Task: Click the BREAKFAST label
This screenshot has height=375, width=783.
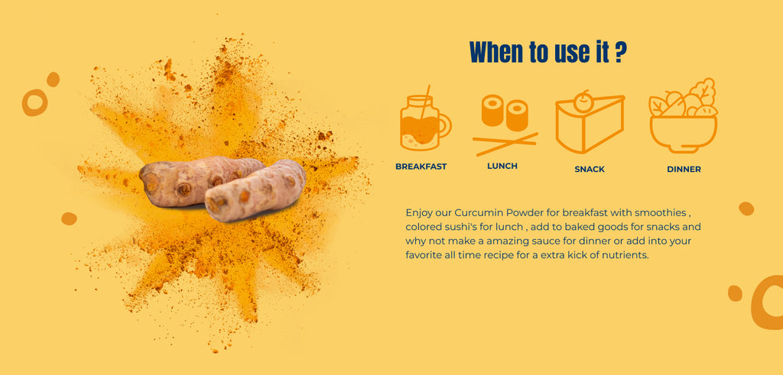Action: point(421,166)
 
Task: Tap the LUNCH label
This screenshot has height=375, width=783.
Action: point(502,166)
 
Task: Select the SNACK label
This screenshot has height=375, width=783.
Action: point(590,170)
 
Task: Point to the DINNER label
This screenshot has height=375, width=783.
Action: point(684,170)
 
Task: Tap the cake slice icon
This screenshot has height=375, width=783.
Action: point(590,121)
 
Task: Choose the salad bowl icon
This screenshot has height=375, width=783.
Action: point(683,115)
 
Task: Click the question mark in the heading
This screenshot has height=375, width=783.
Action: point(620,52)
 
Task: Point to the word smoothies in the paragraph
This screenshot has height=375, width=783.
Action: point(663,212)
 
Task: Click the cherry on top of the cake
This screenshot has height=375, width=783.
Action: point(582,102)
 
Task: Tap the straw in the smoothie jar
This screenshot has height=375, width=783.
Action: point(424,102)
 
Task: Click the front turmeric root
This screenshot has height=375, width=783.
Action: point(255,191)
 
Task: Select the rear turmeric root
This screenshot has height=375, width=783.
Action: point(200,181)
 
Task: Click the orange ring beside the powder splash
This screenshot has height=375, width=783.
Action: point(35,103)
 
